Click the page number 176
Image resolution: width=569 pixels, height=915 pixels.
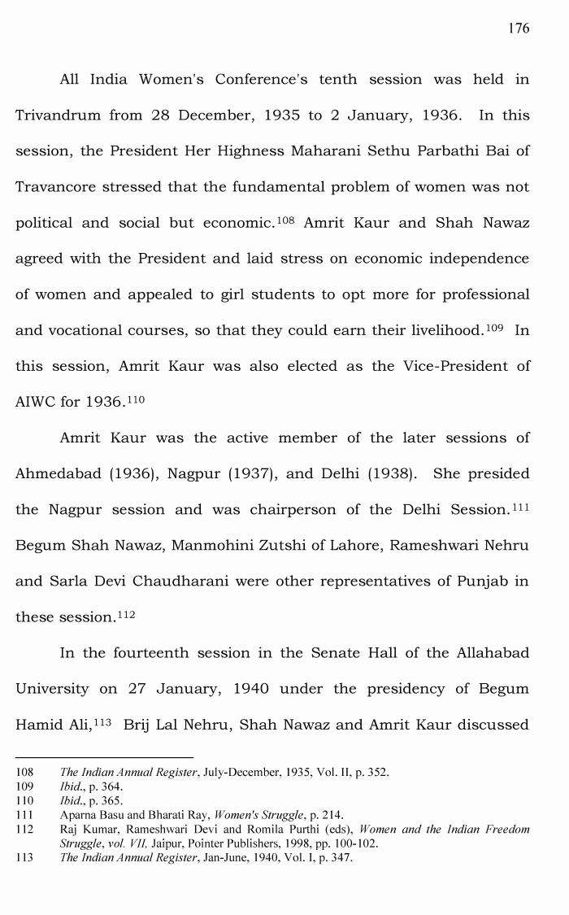tap(518, 28)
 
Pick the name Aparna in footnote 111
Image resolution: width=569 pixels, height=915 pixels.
tap(80, 814)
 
